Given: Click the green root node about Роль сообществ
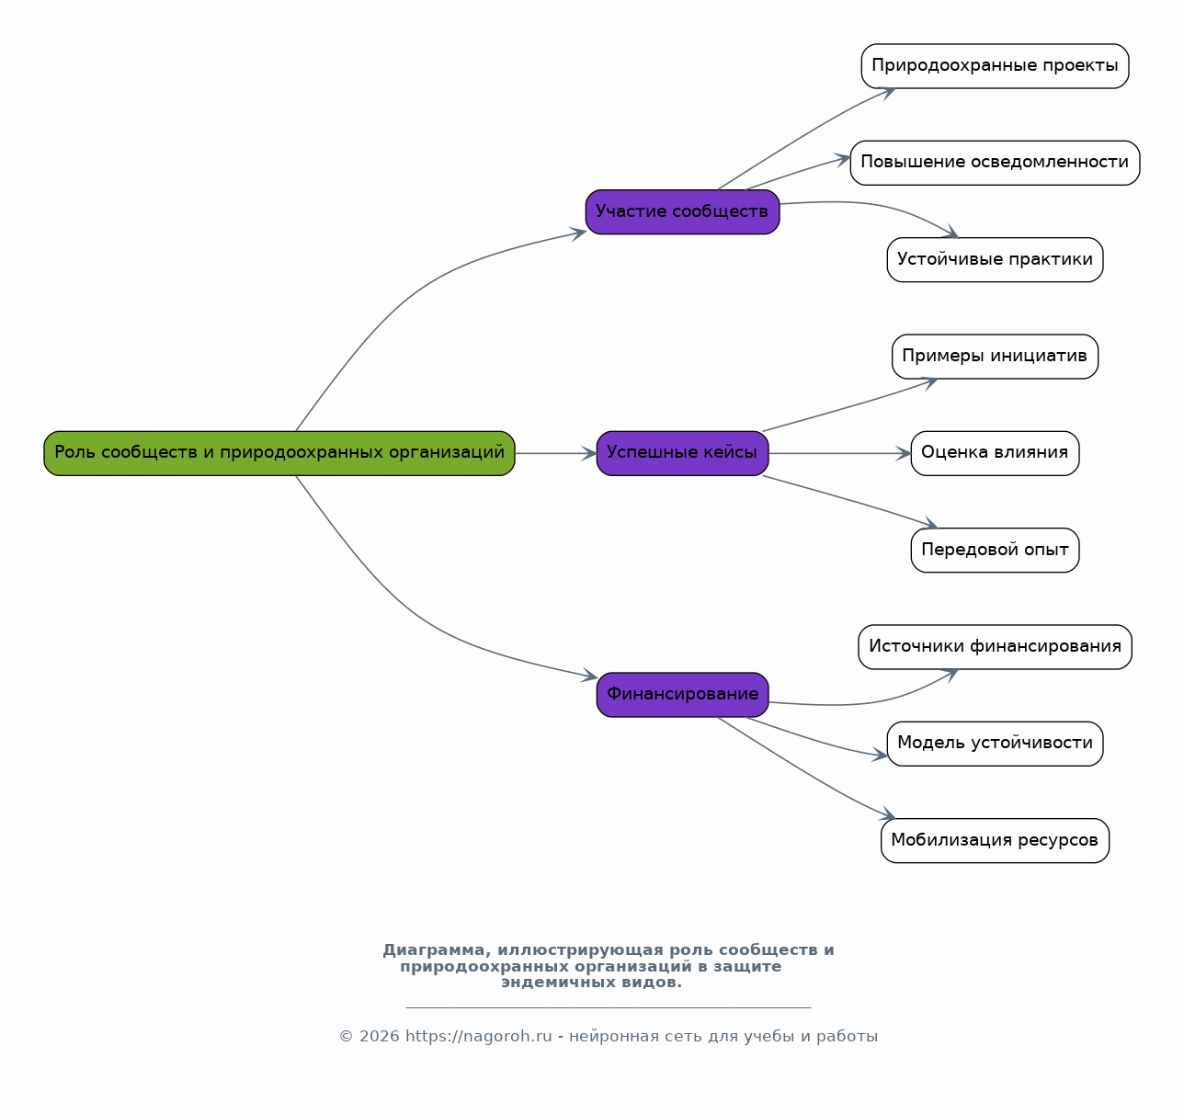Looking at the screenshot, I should coord(279,453).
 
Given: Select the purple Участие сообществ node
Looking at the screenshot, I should coord(682,212).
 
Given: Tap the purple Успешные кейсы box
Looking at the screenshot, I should coord(682,453).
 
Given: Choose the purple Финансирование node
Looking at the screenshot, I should coord(682,695).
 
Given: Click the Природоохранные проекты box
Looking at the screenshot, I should coord(995,66).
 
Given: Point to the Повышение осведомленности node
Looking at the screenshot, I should coord(995,163).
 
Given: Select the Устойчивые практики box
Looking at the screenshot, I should coord(995,260).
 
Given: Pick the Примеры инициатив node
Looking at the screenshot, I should coord(995,357).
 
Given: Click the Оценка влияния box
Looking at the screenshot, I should coord(995,453).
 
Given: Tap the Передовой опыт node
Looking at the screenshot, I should coord(995,551).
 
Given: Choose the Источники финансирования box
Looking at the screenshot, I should coord(995,647).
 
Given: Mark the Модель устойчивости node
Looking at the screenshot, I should coord(995,744).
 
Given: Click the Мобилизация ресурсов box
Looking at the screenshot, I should coord(995,841).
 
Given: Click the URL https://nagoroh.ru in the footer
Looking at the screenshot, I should coord(478,1037).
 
